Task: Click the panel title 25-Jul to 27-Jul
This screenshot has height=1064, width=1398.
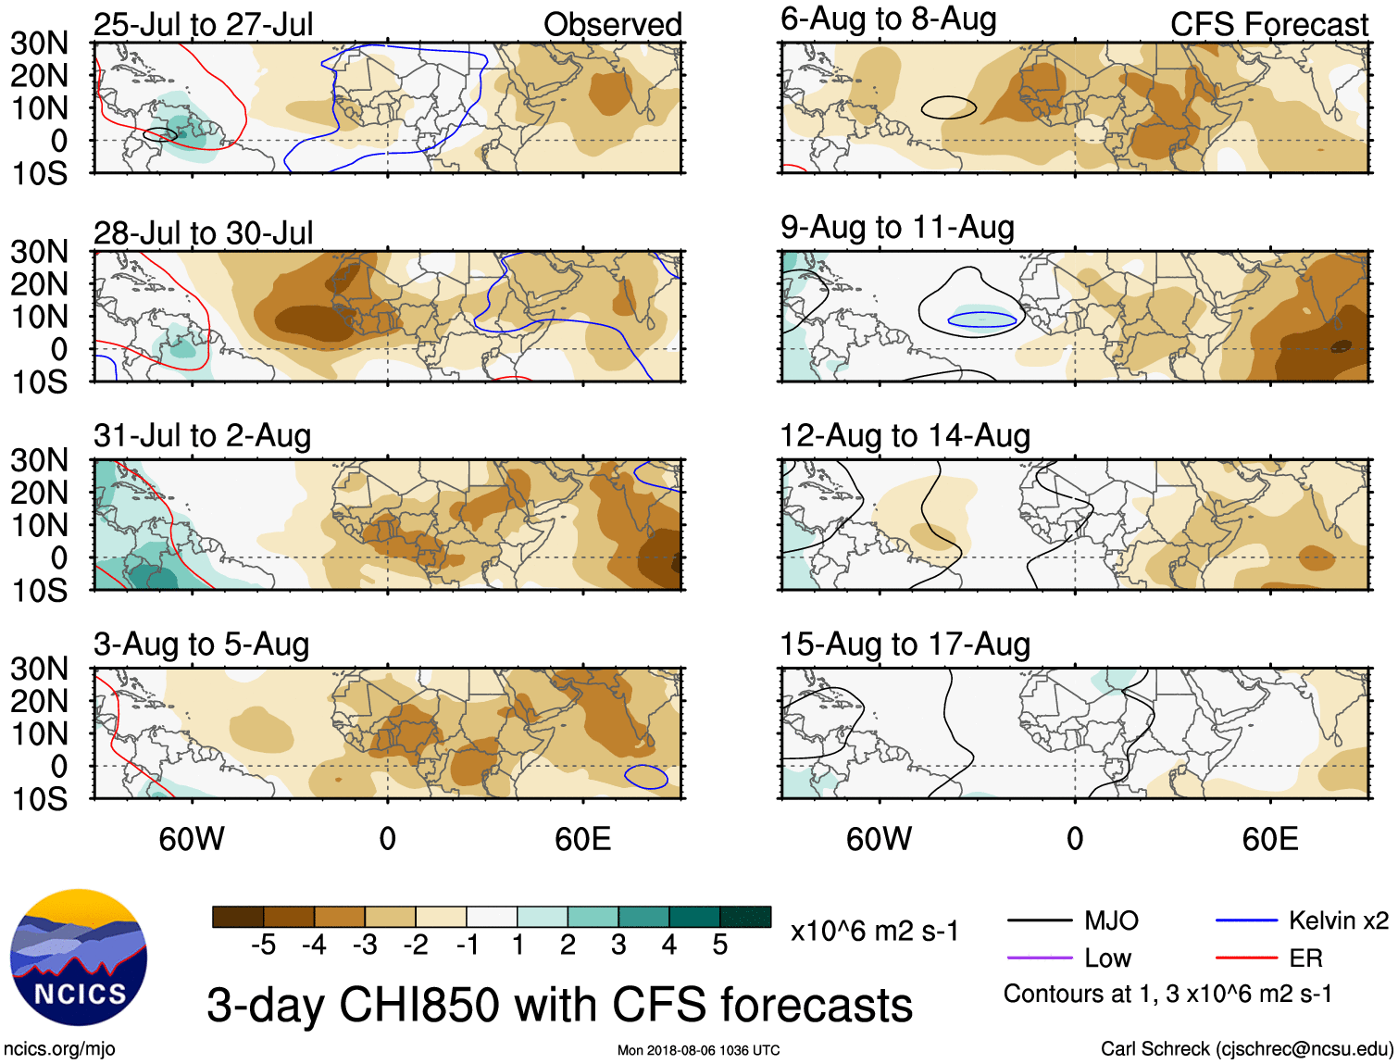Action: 204,25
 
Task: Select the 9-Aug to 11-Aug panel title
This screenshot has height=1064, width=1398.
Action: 897,228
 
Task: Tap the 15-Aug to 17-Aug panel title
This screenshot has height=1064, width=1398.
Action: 905,645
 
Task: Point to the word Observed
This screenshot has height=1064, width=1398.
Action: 612,25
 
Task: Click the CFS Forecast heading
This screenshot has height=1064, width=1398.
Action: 1268,25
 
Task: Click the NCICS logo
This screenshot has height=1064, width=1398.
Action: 79,957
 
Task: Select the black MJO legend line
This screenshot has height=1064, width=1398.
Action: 1040,920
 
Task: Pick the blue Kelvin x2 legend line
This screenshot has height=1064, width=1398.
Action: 1246,920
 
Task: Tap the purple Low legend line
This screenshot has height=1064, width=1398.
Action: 1040,958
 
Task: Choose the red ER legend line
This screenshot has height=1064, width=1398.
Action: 1246,958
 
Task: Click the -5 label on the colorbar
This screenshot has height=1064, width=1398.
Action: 264,945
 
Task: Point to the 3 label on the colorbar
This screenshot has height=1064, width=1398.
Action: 618,945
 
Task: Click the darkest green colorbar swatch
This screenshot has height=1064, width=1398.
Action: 745,917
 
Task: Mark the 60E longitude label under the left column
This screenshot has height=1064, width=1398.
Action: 582,839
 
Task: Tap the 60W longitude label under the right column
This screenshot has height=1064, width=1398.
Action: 879,839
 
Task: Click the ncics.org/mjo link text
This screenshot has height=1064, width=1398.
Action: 59,1049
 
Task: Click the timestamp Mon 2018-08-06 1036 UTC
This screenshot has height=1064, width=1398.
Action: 698,1050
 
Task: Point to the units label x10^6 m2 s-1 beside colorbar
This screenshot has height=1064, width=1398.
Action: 874,932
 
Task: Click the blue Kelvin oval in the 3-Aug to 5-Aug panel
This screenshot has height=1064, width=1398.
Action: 645,777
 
